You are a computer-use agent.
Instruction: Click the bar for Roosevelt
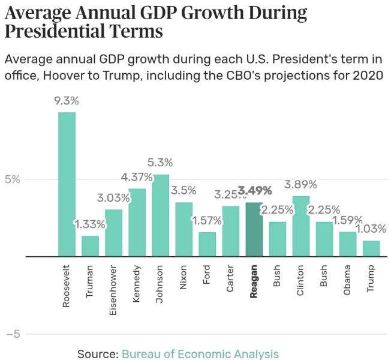67,184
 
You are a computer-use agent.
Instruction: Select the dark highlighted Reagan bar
254,229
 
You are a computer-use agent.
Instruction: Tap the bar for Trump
371,248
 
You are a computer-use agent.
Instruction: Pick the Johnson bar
160,215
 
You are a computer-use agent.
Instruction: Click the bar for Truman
90,246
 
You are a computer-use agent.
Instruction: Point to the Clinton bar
300,226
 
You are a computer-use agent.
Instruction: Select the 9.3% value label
67,101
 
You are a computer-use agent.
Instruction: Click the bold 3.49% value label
254,191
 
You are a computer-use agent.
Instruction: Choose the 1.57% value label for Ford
207,221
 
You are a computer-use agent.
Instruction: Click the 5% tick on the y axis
13,179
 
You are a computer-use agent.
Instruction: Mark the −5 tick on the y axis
13,334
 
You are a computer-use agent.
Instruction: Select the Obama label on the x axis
347,280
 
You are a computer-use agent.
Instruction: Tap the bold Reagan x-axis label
254,281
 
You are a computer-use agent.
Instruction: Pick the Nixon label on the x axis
184,277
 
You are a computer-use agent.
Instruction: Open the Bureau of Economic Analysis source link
200,354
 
